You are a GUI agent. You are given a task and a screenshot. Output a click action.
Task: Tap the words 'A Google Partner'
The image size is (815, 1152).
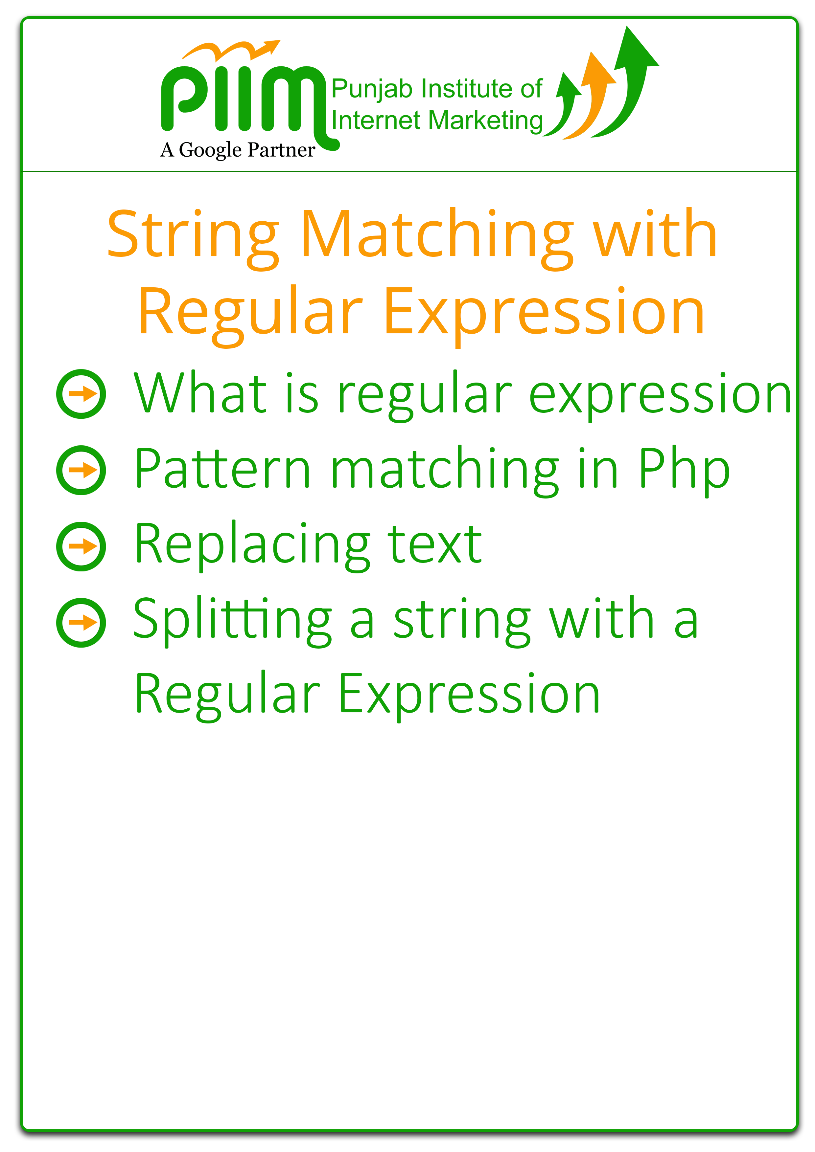pos(238,150)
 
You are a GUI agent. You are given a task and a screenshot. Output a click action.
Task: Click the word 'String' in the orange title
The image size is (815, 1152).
pos(193,235)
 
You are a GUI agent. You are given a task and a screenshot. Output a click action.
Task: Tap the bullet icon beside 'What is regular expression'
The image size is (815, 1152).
pos(81,394)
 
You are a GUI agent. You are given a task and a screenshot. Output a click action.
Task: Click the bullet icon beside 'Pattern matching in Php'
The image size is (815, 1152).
pos(81,470)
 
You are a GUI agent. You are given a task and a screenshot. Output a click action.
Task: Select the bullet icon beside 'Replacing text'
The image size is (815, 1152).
pos(81,546)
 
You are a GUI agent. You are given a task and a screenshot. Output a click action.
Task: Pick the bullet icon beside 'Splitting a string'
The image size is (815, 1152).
pos(81,622)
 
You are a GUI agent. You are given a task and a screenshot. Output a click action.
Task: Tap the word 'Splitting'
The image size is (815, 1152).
pos(232,621)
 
